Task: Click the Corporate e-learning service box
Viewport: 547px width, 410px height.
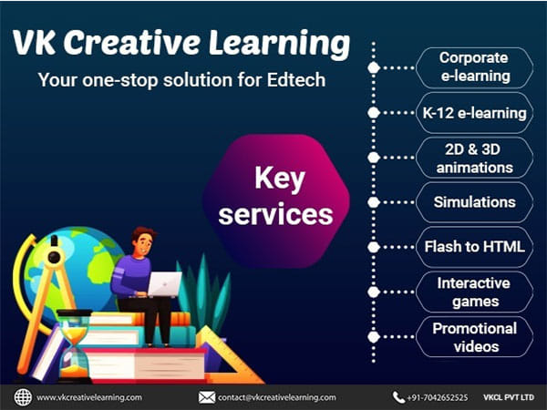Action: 473,67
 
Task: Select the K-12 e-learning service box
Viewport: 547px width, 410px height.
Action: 473,113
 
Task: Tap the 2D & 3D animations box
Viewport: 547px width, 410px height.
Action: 473,157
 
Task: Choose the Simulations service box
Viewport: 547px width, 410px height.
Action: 473,202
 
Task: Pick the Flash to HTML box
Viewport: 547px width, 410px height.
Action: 473,247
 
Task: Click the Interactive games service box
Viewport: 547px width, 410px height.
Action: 473,292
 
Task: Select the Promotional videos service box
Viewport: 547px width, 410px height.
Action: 473,336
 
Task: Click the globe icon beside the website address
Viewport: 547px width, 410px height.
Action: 23,397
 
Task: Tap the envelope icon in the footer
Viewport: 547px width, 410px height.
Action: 207,397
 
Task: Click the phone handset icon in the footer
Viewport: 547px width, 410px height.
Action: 398,397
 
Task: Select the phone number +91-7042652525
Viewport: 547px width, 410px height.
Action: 439,397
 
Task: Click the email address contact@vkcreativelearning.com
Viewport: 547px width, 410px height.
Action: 277,397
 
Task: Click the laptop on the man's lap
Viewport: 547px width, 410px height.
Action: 165,283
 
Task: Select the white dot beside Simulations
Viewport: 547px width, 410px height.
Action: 373,202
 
